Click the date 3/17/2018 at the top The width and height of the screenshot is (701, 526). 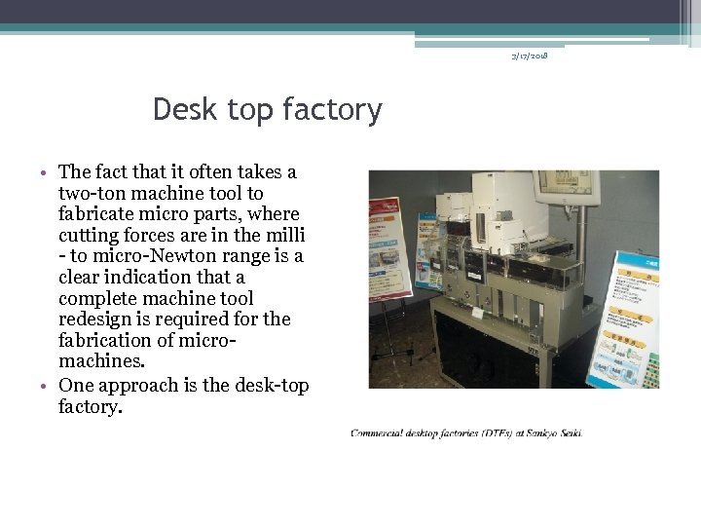pos(530,56)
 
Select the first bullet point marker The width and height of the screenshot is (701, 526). pos(46,173)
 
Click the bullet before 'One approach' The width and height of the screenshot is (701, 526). pos(46,386)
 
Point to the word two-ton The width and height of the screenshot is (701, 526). pos(93,193)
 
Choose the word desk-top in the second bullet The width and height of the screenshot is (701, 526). pos(274,385)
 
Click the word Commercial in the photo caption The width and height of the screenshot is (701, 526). pos(384,433)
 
